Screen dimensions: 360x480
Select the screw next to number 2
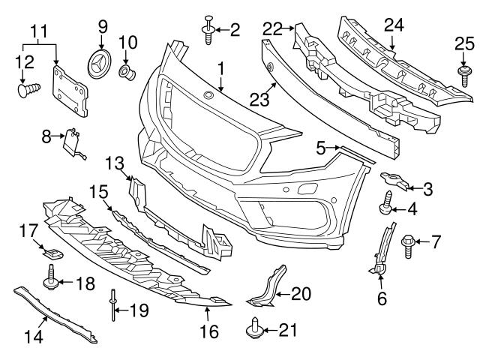pyautogui.click(x=207, y=30)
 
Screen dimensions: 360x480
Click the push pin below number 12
pyautogui.click(x=28, y=90)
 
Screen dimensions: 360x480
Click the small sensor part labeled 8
pyautogui.click(x=73, y=140)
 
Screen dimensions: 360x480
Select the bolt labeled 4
pyautogui.click(x=388, y=203)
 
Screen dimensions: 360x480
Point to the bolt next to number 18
pyautogui.click(x=53, y=283)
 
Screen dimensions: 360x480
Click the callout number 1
pyautogui.click(x=220, y=69)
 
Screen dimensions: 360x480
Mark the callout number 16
pyautogui.click(x=208, y=328)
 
